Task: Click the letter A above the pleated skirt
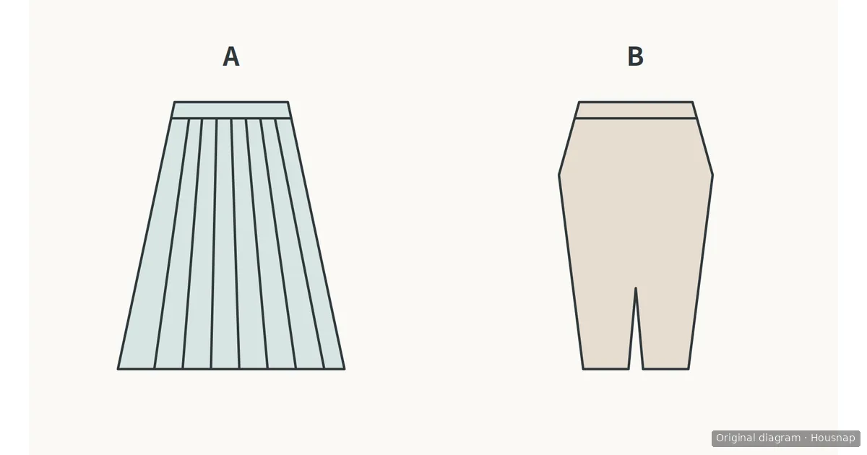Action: [x=231, y=57]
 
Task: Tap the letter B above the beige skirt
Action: [x=636, y=57]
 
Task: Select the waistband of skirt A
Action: [x=231, y=110]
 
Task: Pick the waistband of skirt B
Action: [x=636, y=110]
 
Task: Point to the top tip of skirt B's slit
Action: [x=636, y=288]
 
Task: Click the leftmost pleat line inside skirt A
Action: [x=171, y=243]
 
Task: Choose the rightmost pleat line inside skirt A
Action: [x=300, y=243]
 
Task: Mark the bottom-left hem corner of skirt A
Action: [x=118, y=369]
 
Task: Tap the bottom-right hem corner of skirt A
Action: [x=345, y=369]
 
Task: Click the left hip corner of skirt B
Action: [x=559, y=175]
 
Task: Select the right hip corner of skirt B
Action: [x=712, y=175]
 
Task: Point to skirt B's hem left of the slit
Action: [x=605, y=369]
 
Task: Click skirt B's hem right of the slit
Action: [x=665, y=369]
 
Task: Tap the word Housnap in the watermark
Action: [x=833, y=438]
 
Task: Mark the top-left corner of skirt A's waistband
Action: [x=174, y=102]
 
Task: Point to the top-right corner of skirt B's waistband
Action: [x=692, y=102]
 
